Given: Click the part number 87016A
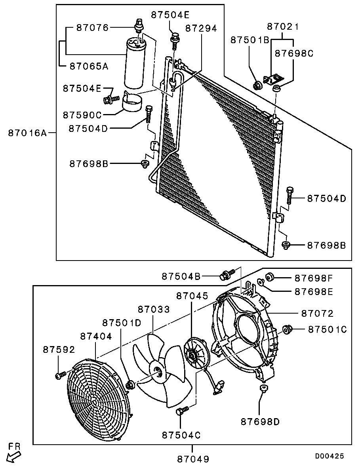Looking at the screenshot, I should tap(27, 133).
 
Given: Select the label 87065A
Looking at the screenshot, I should tap(89, 66).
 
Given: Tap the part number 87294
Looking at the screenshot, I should tap(201, 29).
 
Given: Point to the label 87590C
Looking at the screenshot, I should tap(82, 115).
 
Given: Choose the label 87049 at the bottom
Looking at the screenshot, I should tap(192, 459).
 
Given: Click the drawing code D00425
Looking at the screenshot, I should tap(329, 456).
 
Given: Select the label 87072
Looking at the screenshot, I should tap(317, 314).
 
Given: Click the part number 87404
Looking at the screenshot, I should tap(96, 336).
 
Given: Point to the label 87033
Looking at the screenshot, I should tap(154, 309).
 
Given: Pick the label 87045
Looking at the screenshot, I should tap(192, 296).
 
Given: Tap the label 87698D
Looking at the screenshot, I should tap(260, 422).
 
